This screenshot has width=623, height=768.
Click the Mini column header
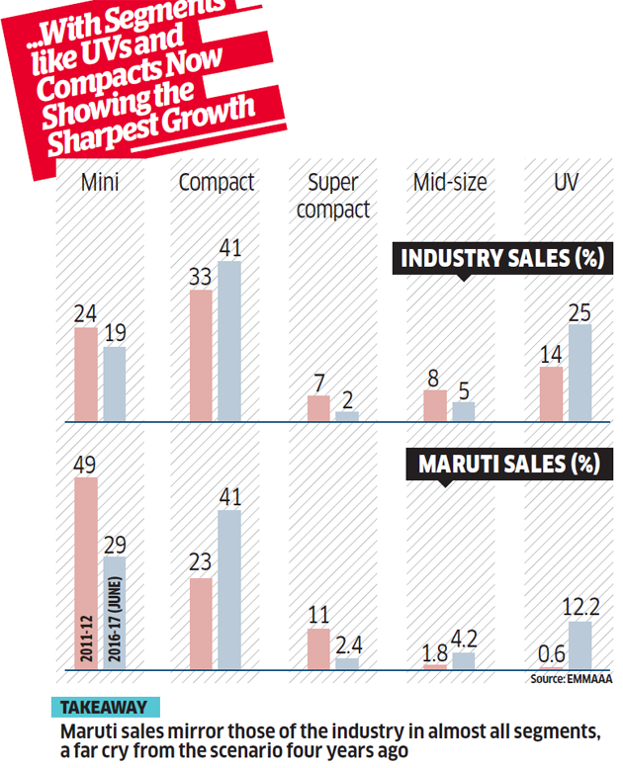tap(100, 183)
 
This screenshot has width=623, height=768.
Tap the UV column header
tap(567, 183)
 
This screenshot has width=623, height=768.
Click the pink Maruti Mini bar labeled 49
tap(86, 573)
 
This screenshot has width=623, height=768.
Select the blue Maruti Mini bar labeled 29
tap(115, 613)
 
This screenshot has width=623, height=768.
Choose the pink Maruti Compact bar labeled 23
tap(201, 624)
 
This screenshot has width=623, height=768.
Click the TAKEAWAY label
tap(104, 708)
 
